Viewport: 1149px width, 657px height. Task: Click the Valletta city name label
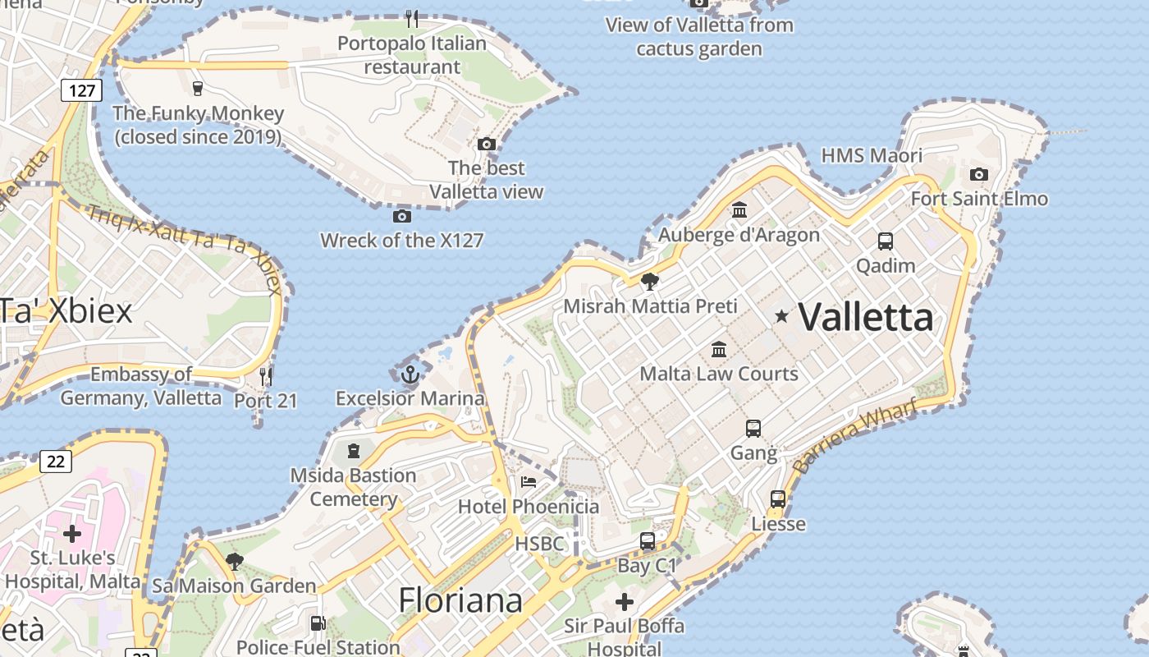click(x=866, y=317)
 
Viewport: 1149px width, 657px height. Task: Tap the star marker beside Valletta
click(x=781, y=315)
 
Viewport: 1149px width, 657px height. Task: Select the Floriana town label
click(x=460, y=600)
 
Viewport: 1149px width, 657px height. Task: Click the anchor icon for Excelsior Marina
click(x=410, y=375)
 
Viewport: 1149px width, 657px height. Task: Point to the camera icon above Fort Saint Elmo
click(x=978, y=174)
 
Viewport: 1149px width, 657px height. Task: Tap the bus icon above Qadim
click(x=885, y=241)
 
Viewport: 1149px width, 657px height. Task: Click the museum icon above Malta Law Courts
click(x=719, y=350)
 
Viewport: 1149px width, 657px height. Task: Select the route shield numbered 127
click(x=81, y=90)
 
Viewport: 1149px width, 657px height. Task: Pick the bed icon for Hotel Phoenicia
click(x=529, y=482)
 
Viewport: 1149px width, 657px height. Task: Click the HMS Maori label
click(x=872, y=155)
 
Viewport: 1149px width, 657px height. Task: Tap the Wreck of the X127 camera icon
click(x=401, y=216)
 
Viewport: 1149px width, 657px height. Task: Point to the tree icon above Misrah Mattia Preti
click(x=649, y=282)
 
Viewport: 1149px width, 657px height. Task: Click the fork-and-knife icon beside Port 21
click(x=266, y=377)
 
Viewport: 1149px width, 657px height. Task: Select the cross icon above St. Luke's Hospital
click(x=72, y=534)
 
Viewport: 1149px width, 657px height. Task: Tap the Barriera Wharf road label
click(x=855, y=436)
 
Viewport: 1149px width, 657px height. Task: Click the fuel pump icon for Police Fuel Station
click(x=318, y=623)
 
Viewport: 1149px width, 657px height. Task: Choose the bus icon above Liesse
click(x=777, y=499)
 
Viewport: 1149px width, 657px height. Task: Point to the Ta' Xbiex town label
click(x=66, y=311)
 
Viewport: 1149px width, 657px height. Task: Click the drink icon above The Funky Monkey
click(x=197, y=88)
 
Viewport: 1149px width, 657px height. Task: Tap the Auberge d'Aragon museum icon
click(x=739, y=210)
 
